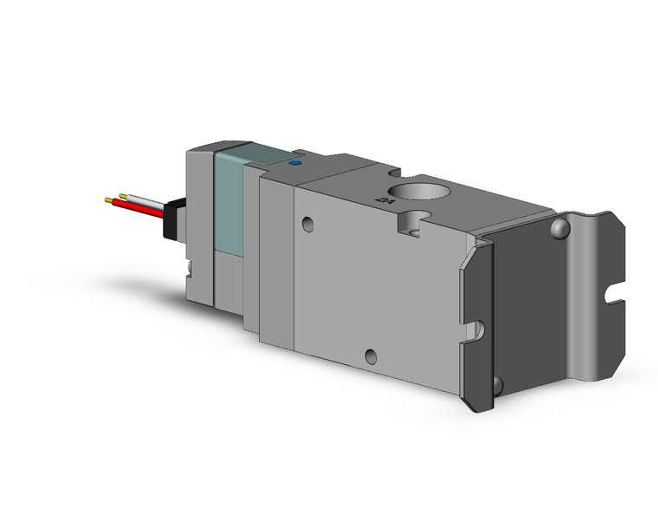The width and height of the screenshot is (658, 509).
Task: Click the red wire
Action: click(x=139, y=207)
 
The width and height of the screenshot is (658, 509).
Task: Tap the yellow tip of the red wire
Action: click(x=108, y=201)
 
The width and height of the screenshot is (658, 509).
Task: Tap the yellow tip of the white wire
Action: click(x=124, y=195)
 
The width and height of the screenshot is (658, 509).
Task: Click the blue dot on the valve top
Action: click(x=294, y=161)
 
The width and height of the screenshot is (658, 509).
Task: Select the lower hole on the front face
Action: click(x=371, y=354)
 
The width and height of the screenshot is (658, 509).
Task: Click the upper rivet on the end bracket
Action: click(x=561, y=228)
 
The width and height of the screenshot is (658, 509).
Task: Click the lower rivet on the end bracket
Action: click(x=496, y=383)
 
